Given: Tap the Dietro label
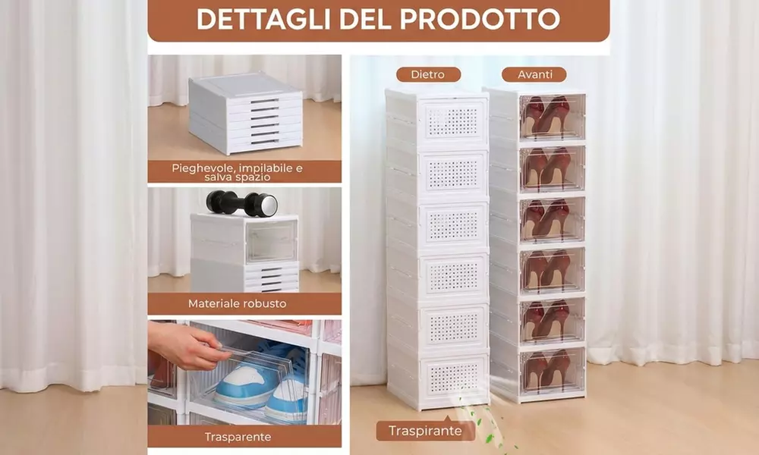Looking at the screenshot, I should point(428,74).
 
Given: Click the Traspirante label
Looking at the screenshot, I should point(425,431).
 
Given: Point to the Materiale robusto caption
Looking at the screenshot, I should point(237,303).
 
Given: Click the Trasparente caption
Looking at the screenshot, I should point(237,437).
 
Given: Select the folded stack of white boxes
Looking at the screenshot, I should point(244,114).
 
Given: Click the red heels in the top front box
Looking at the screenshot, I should point(546,115).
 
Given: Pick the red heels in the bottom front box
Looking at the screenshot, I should point(546,369).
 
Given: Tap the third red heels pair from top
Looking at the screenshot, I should point(546,218).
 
